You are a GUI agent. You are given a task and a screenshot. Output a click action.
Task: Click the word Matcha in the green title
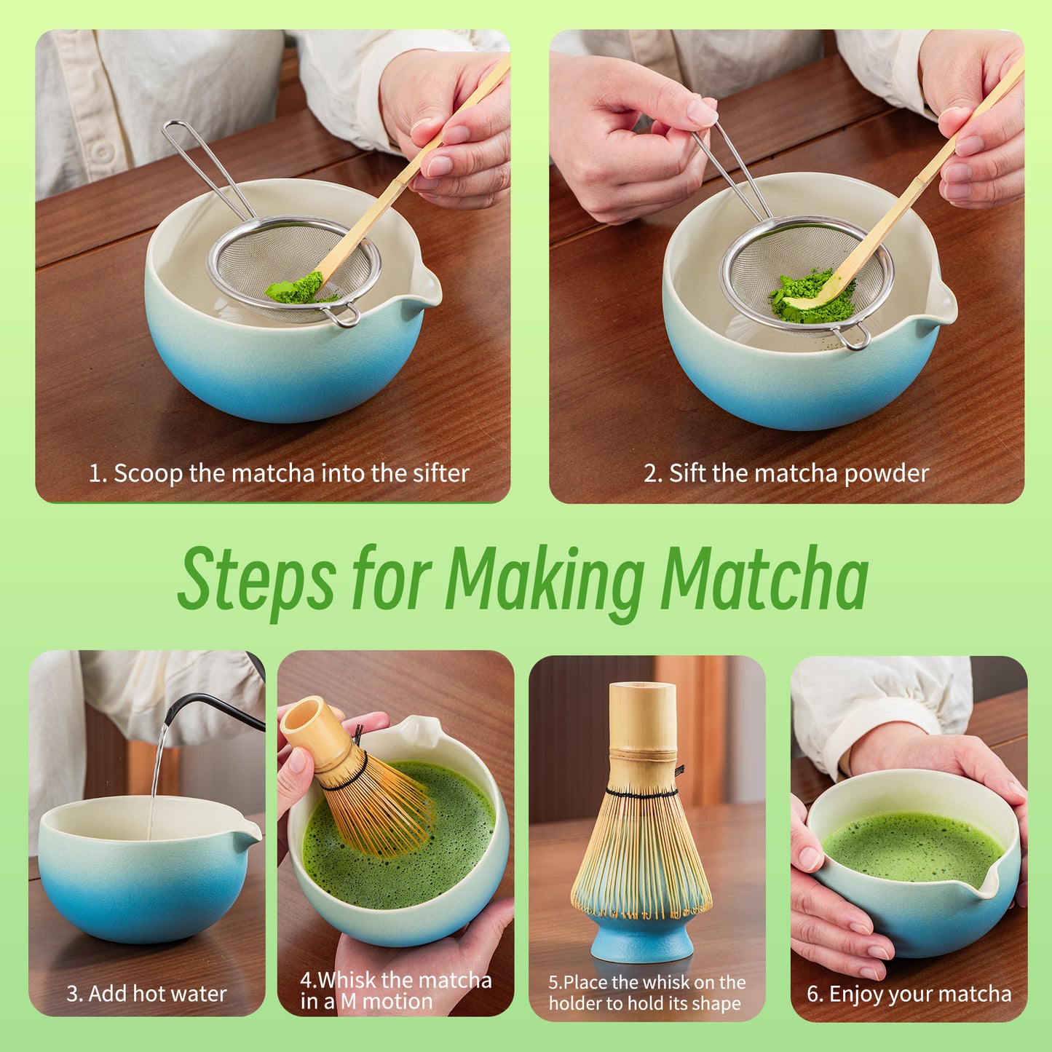pos(764,579)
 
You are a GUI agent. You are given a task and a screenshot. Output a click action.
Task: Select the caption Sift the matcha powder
pos(786,473)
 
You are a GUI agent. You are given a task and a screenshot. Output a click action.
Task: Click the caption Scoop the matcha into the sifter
pos(279,473)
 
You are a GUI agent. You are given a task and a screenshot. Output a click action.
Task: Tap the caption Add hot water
pos(146,994)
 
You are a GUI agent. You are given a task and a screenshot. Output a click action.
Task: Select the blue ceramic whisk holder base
pos(641,939)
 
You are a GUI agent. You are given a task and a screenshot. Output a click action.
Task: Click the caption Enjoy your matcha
pos(909,994)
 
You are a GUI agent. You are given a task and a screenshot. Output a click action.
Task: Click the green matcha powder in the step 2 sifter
pos(812,298)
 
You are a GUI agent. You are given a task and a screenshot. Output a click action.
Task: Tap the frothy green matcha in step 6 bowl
pos(914,848)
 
